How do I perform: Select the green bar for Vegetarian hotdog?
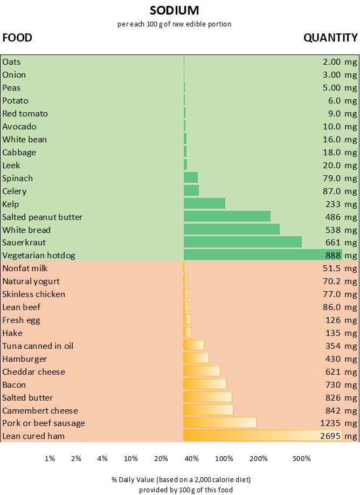coord(262,255)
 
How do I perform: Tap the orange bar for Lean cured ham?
coord(262,435)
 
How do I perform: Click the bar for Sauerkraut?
coord(243,242)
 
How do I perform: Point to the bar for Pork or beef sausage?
coord(220,422)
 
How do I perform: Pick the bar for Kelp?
coord(204,203)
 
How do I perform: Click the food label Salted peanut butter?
coord(43,217)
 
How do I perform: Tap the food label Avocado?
coord(19,126)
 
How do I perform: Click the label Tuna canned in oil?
coord(38,346)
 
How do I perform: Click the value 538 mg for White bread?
coord(341,230)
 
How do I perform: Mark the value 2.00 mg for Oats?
coord(340,62)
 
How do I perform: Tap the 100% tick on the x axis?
coord(224,458)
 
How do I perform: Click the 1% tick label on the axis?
coord(50,458)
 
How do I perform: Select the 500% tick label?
coord(301,458)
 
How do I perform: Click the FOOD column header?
coord(17,37)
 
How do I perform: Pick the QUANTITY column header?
coord(330,37)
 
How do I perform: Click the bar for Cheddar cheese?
coord(202,371)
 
